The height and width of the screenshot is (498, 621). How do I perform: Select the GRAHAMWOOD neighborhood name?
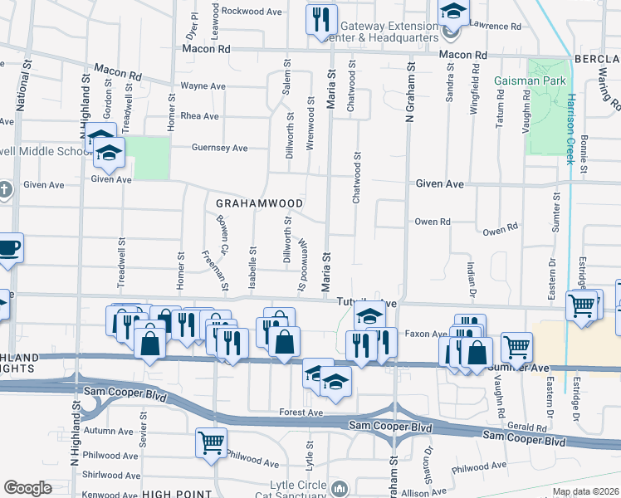(x=258, y=203)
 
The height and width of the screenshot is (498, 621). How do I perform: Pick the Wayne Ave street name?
(x=203, y=85)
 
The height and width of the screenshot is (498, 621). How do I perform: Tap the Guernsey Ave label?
(x=220, y=148)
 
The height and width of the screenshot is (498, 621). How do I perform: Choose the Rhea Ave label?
(x=199, y=116)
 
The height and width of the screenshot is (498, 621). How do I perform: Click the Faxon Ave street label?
(x=427, y=334)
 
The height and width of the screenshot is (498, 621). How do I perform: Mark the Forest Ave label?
(x=301, y=412)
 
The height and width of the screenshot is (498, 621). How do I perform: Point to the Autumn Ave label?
(x=109, y=431)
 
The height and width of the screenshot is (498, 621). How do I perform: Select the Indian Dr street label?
(x=471, y=273)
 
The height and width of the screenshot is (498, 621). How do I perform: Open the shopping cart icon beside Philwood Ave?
(x=211, y=442)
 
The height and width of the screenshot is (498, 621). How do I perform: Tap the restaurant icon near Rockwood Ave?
(x=320, y=18)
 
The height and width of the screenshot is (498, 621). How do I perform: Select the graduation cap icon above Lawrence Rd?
(x=453, y=12)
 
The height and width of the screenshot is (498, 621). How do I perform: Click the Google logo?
(x=28, y=488)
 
